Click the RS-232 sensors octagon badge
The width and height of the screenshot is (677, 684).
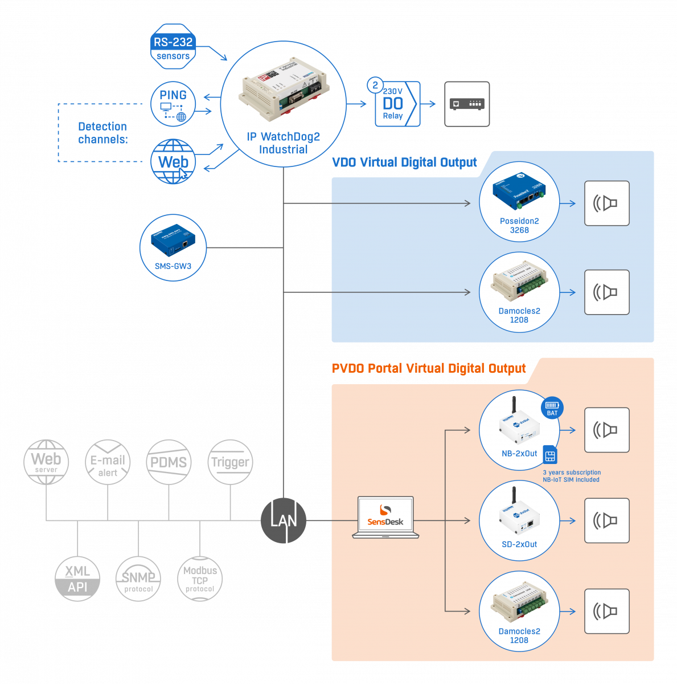pyautogui.click(x=173, y=47)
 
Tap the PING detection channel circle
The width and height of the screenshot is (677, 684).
pyautogui.click(x=173, y=104)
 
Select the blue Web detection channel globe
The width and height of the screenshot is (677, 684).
pyautogui.click(x=173, y=162)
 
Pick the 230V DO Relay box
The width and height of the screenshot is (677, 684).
pyautogui.click(x=397, y=104)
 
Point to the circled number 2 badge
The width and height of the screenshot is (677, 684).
pyautogui.click(x=375, y=85)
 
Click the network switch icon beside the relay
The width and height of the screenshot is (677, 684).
pyautogui.click(x=467, y=104)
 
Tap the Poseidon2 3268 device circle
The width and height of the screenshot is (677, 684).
pyautogui.click(x=519, y=203)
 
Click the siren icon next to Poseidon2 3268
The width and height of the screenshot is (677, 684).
pyautogui.click(x=607, y=203)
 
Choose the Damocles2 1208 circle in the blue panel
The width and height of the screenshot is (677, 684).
pyautogui.click(x=519, y=292)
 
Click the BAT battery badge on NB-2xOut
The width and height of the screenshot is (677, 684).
pyautogui.click(x=552, y=408)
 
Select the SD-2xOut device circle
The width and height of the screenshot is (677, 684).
pyautogui.click(x=519, y=520)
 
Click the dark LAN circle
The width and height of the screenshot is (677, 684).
pyautogui.click(x=283, y=520)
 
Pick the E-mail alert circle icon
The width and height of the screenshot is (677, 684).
pyautogui.click(x=108, y=462)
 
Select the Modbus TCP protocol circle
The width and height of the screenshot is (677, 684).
pyautogui.click(x=200, y=579)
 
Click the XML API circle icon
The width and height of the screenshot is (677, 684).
pyautogui.click(x=77, y=579)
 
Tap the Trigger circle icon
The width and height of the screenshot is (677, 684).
pyautogui.click(x=230, y=462)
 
